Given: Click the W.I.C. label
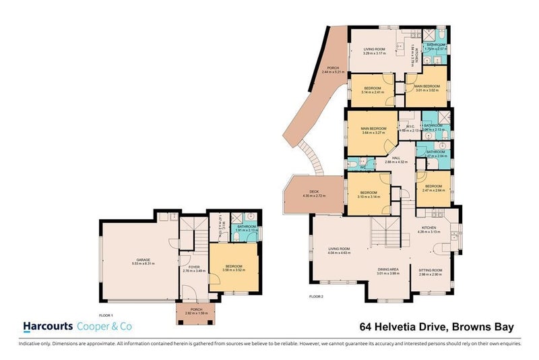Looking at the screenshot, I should (x=409, y=126).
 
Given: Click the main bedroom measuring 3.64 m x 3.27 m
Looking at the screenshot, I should (x=373, y=129).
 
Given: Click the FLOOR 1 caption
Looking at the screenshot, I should (x=106, y=315).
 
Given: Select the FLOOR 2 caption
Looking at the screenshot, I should (x=316, y=296).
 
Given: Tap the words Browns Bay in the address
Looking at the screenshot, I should (x=484, y=328).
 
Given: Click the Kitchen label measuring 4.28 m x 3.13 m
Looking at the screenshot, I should (x=429, y=229).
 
